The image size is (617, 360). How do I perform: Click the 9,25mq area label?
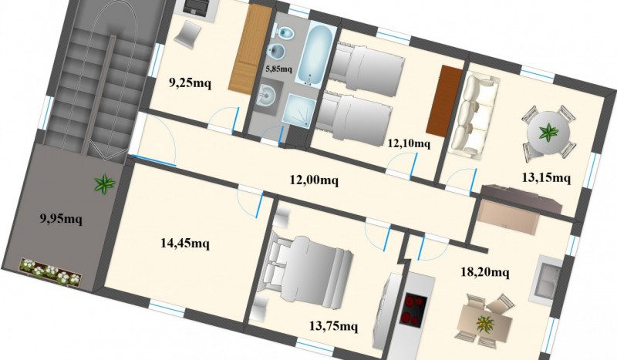190,83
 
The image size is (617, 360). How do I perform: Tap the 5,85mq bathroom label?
278,69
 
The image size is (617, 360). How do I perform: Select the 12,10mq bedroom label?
409,143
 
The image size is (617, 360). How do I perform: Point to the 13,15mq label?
546,178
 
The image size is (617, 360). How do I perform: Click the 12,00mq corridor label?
314,180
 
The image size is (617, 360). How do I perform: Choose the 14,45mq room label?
185,244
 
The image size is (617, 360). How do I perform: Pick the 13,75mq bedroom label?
333,326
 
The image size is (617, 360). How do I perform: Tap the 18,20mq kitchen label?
485,272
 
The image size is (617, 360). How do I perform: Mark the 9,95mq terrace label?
61,218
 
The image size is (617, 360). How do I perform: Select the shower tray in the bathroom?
299,110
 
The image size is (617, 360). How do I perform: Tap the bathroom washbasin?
268,95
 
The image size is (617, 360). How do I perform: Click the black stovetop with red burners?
413,309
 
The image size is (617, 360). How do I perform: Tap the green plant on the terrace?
104,183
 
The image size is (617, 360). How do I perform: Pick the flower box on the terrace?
50,271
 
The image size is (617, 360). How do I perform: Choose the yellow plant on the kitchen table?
486,324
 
